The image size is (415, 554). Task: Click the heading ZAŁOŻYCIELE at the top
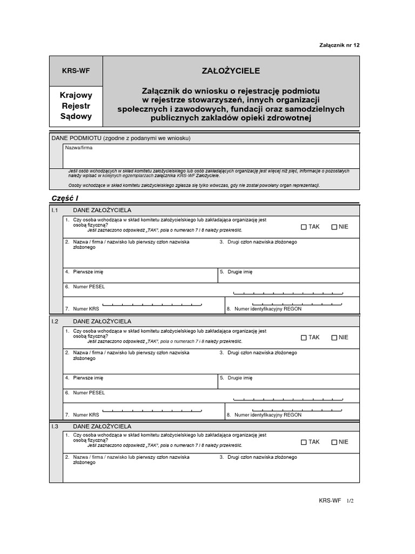(x=231, y=70)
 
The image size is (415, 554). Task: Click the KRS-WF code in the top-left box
(x=76, y=71)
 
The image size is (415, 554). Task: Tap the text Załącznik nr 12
(x=339, y=45)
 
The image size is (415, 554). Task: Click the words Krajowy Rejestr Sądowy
(x=76, y=105)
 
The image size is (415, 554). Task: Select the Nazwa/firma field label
(x=76, y=147)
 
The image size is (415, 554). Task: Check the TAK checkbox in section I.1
(x=304, y=227)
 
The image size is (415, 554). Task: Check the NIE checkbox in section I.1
(x=334, y=227)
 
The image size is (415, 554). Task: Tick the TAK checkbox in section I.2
(x=304, y=337)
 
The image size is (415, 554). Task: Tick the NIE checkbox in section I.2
(x=334, y=337)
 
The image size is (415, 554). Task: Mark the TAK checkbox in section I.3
(x=304, y=442)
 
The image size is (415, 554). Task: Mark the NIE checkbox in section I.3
(x=334, y=442)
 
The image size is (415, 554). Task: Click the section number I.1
(x=55, y=210)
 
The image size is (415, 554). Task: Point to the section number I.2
(x=55, y=321)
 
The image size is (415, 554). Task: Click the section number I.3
(x=55, y=426)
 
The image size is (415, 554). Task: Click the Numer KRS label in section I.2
(x=86, y=415)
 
